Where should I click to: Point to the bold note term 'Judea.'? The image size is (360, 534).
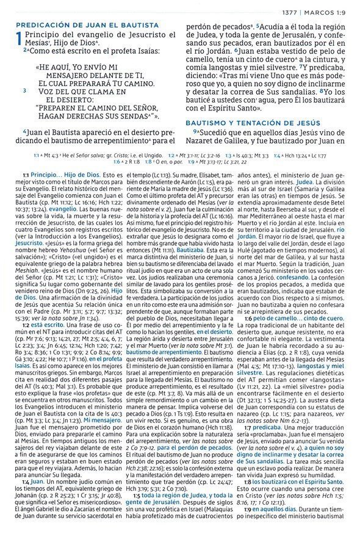coord(306,181)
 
